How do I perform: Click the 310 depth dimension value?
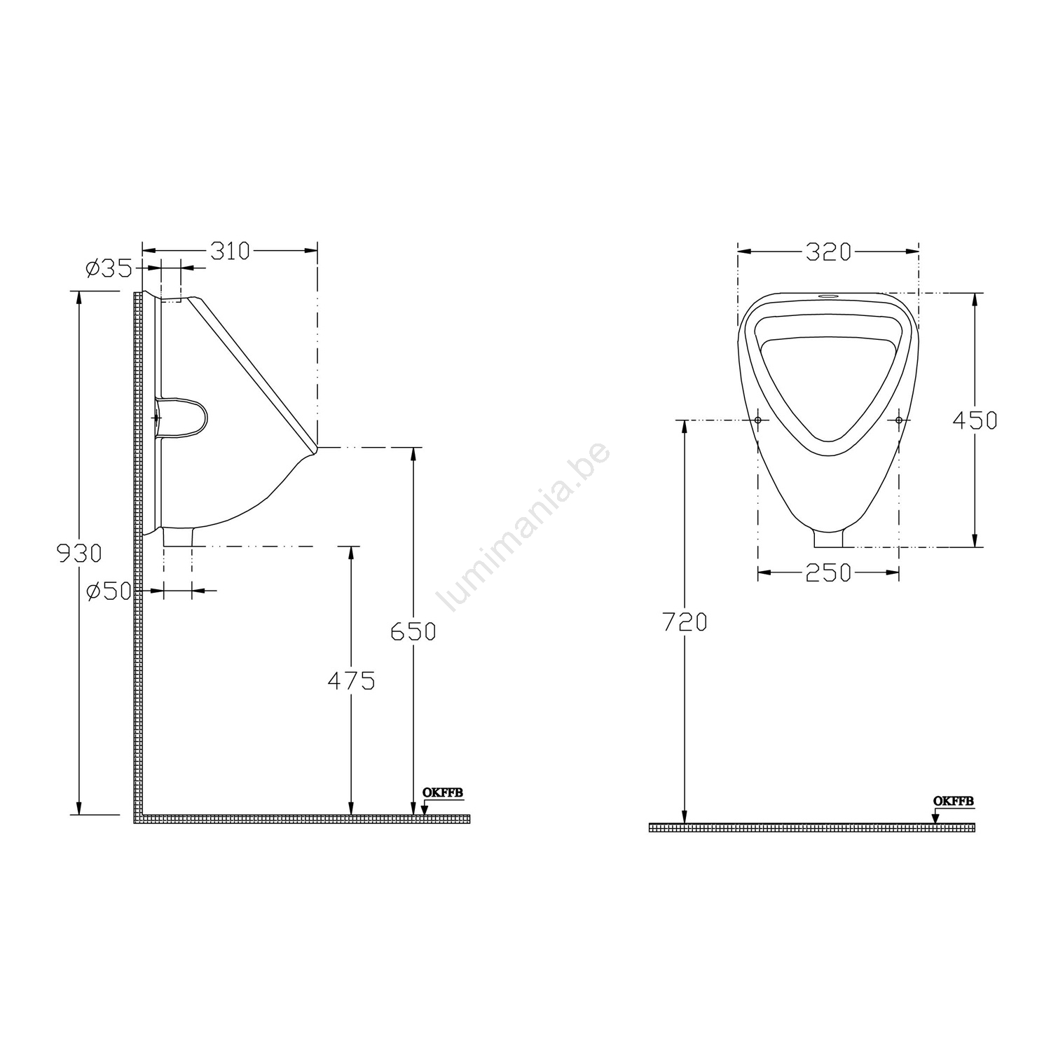pos(230,251)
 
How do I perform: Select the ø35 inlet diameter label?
pos(108,268)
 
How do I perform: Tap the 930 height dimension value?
pos(79,554)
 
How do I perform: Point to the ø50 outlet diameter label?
pos(108,591)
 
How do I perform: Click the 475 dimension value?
pos(352,680)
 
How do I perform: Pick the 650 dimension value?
pos(413,631)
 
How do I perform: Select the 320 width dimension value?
pos(827,252)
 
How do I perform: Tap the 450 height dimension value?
pos(975,420)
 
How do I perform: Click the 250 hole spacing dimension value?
pos(828,573)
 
